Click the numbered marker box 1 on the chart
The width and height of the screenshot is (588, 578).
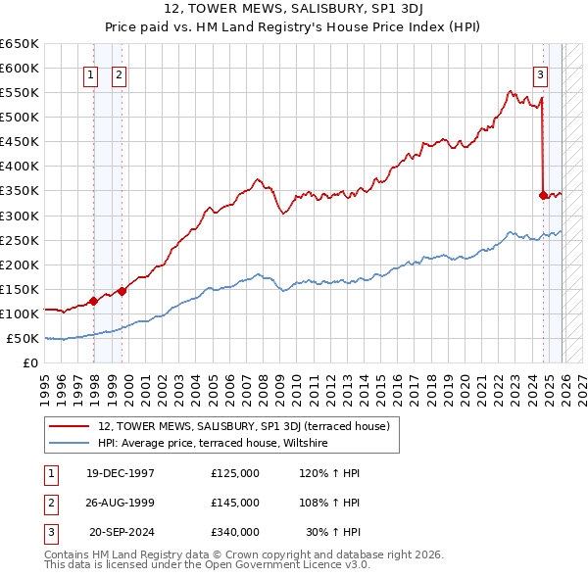click(x=91, y=74)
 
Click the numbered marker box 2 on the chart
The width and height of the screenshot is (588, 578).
click(x=119, y=74)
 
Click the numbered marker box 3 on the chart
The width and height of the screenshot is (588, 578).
click(x=540, y=74)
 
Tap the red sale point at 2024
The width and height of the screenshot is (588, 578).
click(x=543, y=195)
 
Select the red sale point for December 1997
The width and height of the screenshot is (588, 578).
click(x=93, y=301)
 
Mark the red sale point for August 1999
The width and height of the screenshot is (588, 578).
click(x=122, y=291)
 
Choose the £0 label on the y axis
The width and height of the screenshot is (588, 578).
click(x=29, y=362)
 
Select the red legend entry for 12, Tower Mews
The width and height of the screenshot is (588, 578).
click(x=244, y=426)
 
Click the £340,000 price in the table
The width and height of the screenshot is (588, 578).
click(x=235, y=532)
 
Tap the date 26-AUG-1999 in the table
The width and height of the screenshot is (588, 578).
click(x=121, y=503)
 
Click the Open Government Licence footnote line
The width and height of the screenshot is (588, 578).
click(x=207, y=565)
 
